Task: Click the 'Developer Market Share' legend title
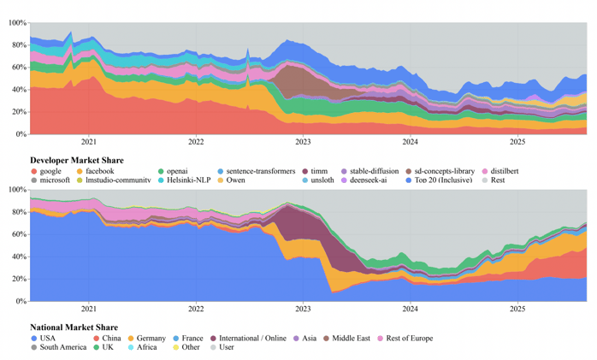click(x=76, y=161)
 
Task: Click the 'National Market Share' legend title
click(x=73, y=328)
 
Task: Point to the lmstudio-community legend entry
click(x=112, y=180)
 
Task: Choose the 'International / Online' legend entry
click(x=250, y=338)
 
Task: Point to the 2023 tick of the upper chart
click(x=303, y=142)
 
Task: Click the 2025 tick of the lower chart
click(x=517, y=309)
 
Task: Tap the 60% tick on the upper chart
click(x=17, y=67)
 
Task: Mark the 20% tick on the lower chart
click(x=17, y=279)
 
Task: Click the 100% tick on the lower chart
click(x=15, y=189)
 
